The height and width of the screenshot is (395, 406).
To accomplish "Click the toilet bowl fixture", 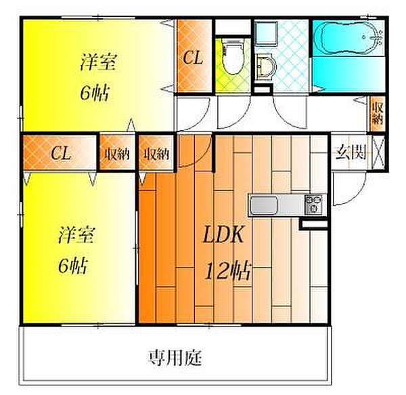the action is point(233,56).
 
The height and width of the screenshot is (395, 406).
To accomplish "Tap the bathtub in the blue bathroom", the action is point(348,39).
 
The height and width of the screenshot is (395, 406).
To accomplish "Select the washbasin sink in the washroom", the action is point(266,66).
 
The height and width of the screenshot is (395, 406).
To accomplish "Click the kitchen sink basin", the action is point(263,205).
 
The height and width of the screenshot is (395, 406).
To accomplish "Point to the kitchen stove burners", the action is point(313,205).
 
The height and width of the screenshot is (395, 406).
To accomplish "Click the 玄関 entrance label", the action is point(351,152).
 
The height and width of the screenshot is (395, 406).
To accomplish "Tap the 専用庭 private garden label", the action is point(175,358).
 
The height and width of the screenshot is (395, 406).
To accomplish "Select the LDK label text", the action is point(223,234).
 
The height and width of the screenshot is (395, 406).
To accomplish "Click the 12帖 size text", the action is point(228,271).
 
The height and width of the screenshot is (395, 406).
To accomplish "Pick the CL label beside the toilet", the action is point(193,58).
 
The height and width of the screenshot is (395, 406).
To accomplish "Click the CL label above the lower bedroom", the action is point(60,153).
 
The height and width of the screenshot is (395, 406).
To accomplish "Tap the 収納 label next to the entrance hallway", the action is point(378,113).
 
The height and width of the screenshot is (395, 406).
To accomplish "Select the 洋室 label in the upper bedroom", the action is point(99,62).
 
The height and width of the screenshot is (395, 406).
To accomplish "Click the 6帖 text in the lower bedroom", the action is point(73,266).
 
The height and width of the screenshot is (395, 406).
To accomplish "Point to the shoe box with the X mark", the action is point(378,152).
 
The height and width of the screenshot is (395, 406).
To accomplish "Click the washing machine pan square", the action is point(266,34).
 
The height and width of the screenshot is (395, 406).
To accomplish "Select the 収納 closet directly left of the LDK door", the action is point(156,153).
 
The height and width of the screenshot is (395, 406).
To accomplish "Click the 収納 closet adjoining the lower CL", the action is point(117,153).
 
